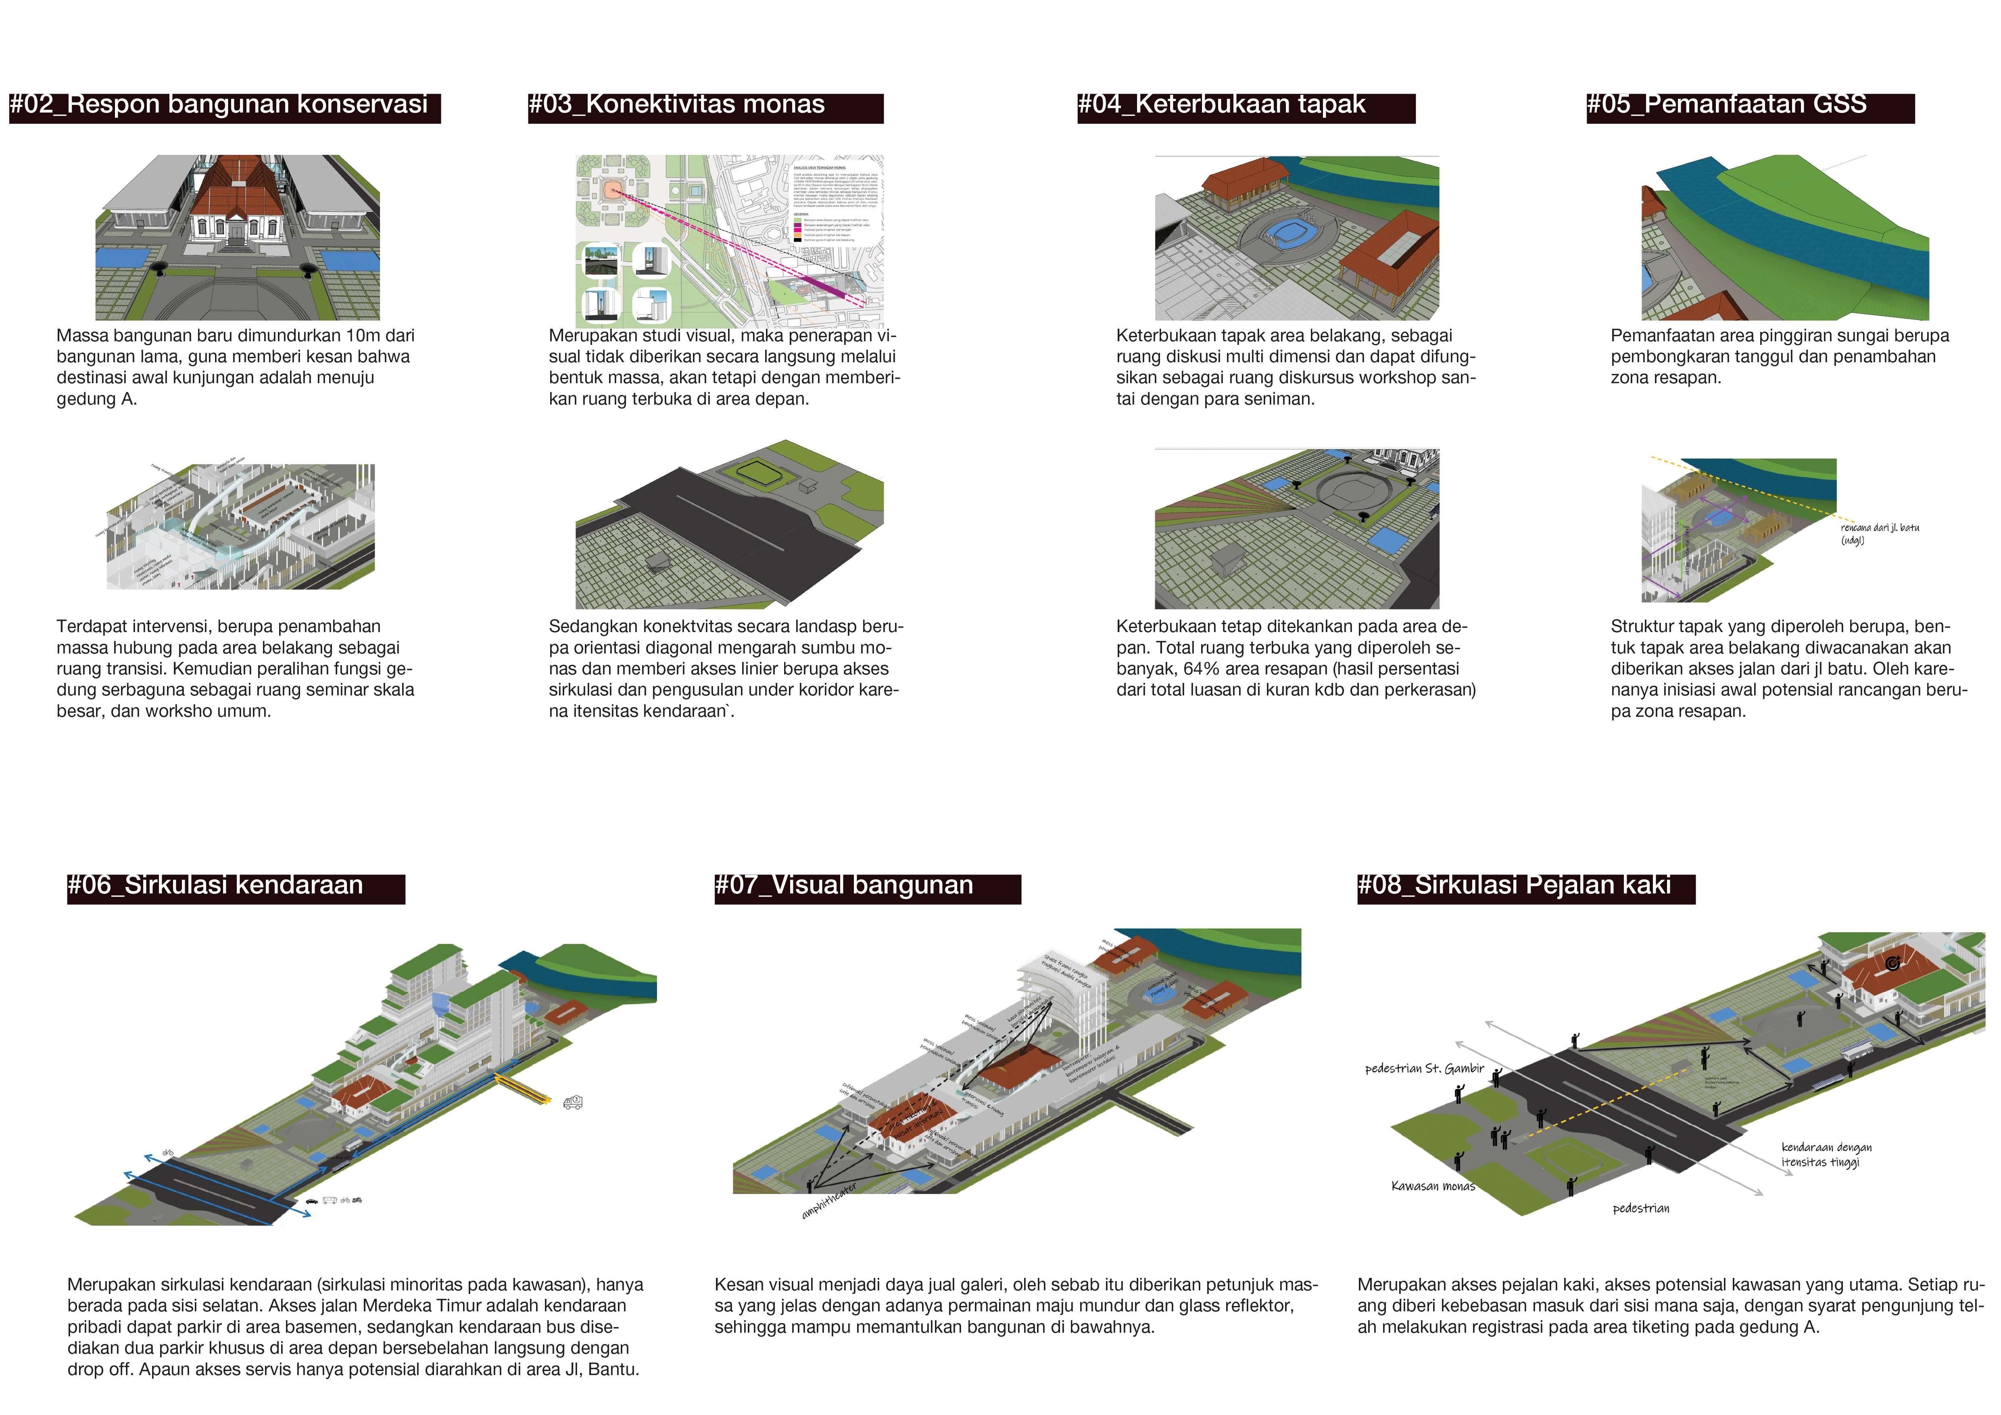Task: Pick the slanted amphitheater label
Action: [x=829, y=1201]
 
